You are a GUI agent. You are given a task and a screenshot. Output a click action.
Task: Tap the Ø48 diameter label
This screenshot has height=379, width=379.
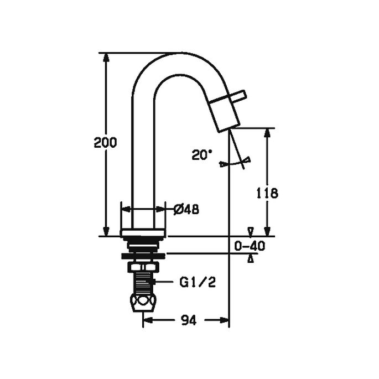coord(186,209)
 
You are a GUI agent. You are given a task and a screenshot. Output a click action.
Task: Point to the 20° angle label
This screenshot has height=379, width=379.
coord(203,155)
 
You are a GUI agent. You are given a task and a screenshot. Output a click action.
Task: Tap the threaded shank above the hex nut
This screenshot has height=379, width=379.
coord(143,279)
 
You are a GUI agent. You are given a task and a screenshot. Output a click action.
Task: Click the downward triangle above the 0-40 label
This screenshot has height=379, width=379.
coord(251,231)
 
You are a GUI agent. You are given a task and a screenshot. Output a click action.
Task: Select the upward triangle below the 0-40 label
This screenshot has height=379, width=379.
coord(251,259)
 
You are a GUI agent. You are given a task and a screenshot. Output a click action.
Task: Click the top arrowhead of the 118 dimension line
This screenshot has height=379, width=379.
coord(267,132)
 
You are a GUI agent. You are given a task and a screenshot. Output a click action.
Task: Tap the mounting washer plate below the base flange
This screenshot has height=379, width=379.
coord(143,255)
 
